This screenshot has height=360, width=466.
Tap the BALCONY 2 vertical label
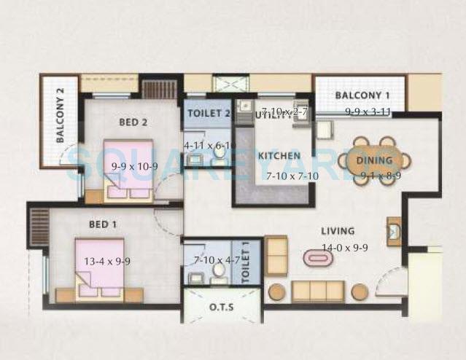click(x=61, y=121)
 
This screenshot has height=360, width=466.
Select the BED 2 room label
click(x=133, y=122)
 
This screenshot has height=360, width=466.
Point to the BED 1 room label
click(x=103, y=224)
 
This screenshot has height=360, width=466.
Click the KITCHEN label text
click(x=280, y=156)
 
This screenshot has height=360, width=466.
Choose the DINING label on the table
click(x=375, y=160)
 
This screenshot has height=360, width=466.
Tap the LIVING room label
click(x=337, y=231)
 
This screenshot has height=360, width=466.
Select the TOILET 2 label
click(x=209, y=113)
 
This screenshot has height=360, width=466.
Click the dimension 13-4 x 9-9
click(x=106, y=262)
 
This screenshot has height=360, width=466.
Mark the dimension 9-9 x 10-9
click(x=135, y=165)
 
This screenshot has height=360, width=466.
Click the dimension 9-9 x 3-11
click(x=369, y=111)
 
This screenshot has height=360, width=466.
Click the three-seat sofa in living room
click(x=318, y=291)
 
